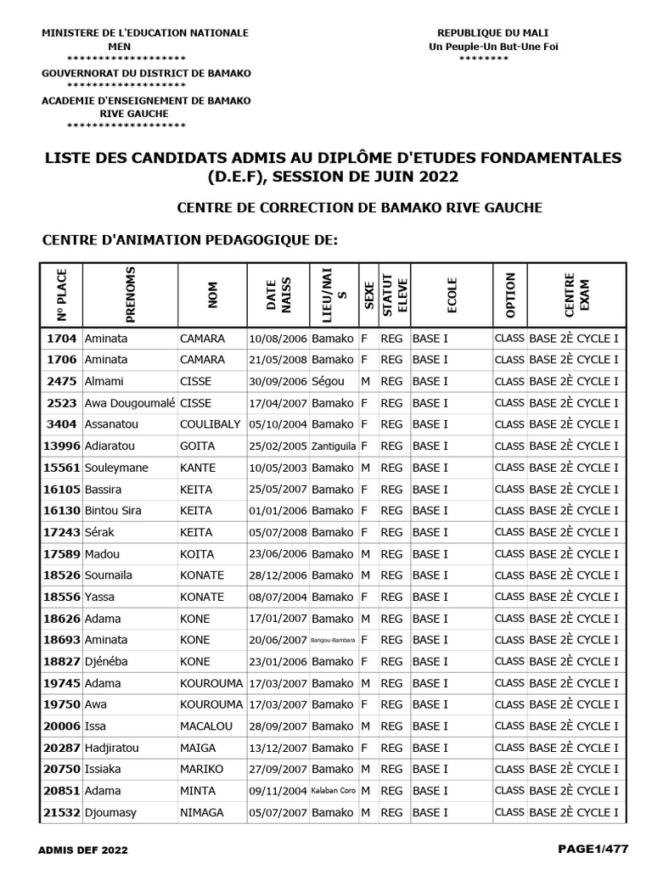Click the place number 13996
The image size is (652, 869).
coord(62,446)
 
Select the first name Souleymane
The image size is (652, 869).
coord(116,468)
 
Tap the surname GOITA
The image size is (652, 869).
coord(198,446)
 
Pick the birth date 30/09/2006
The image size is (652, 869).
coord(278,381)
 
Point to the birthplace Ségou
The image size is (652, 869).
coord(328,381)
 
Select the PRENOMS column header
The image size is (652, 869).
coord(130,294)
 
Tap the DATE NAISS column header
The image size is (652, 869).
coord(278,294)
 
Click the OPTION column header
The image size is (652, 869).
coord(509,294)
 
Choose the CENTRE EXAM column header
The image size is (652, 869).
coord(576,294)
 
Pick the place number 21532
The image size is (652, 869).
coord(62,813)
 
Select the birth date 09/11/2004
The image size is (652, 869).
coord(278,791)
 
